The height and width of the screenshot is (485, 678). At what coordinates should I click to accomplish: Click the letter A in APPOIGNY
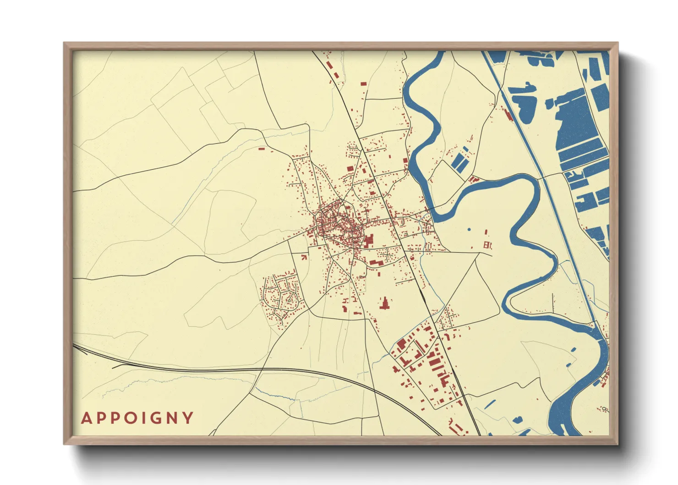pos(86,419)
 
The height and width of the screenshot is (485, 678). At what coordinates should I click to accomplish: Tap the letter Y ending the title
pos(188,418)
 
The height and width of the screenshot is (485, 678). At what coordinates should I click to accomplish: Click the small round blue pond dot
pos(469,229)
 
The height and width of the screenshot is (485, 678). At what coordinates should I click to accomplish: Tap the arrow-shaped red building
pos(303,257)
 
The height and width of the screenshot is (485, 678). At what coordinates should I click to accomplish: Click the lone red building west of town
pos(262,149)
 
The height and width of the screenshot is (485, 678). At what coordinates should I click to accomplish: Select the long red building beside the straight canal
pos(507,114)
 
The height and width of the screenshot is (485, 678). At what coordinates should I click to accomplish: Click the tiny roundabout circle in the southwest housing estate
pos(289,298)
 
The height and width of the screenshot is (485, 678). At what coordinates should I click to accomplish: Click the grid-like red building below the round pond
pos(487,245)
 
